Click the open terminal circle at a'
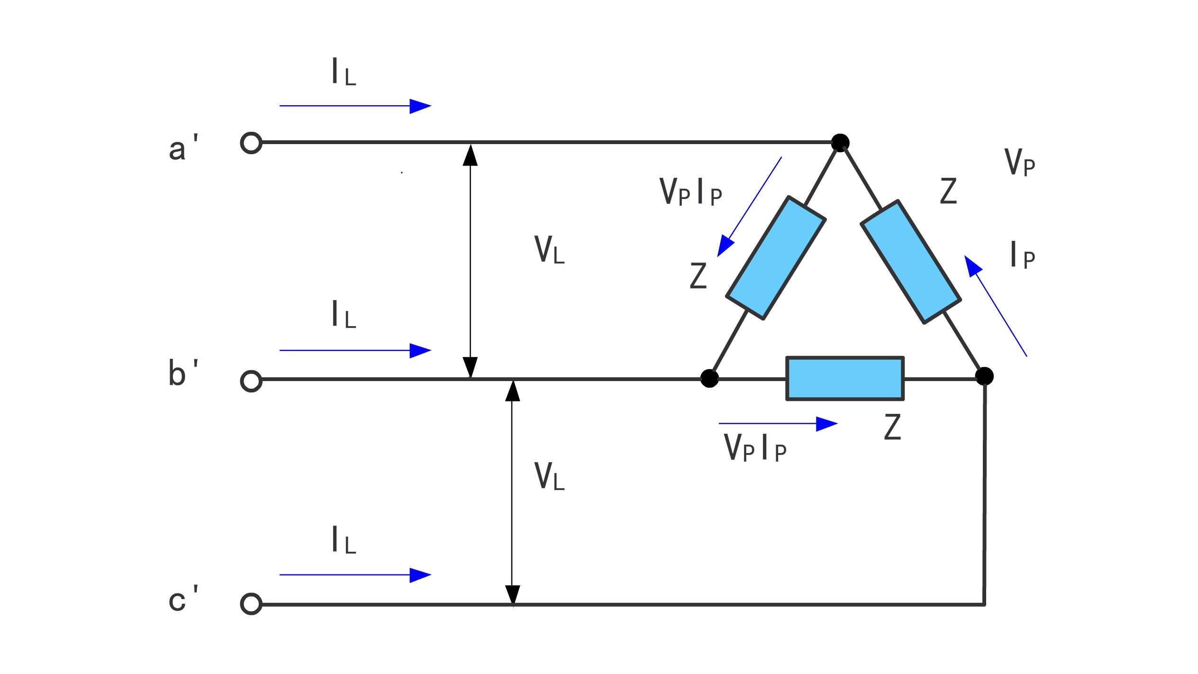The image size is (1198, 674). pyautogui.click(x=251, y=143)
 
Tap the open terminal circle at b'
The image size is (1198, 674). pyautogui.click(x=251, y=381)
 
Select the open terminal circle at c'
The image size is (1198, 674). pyautogui.click(x=251, y=604)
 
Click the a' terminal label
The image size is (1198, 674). pyautogui.click(x=183, y=148)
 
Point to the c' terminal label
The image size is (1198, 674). pyautogui.click(x=183, y=599)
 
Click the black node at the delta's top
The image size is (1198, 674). pyautogui.click(x=840, y=143)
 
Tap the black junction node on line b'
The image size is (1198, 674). pyautogui.click(x=709, y=378)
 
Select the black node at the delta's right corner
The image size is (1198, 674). pyautogui.click(x=984, y=376)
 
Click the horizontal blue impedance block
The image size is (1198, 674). pyautogui.click(x=845, y=378)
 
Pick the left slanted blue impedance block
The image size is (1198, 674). pyautogui.click(x=776, y=258)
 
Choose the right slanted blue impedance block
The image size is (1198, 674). pyautogui.click(x=911, y=262)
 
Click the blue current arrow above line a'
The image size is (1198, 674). pyautogui.click(x=355, y=106)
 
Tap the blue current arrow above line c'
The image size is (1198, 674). pyautogui.click(x=355, y=575)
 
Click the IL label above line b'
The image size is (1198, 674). pyautogui.click(x=344, y=314)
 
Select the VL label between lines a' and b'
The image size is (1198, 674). pyautogui.click(x=549, y=249)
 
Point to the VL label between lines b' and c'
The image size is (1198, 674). pyautogui.click(x=549, y=476)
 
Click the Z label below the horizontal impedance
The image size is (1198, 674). pyautogui.click(x=892, y=427)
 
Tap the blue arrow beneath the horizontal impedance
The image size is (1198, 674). pyautogui.click(x=778, y=424)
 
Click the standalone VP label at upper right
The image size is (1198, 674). pyautogui.click(x=1019, y=162)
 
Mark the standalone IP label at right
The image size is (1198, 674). pyautogui.click(x=1023, y=255)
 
